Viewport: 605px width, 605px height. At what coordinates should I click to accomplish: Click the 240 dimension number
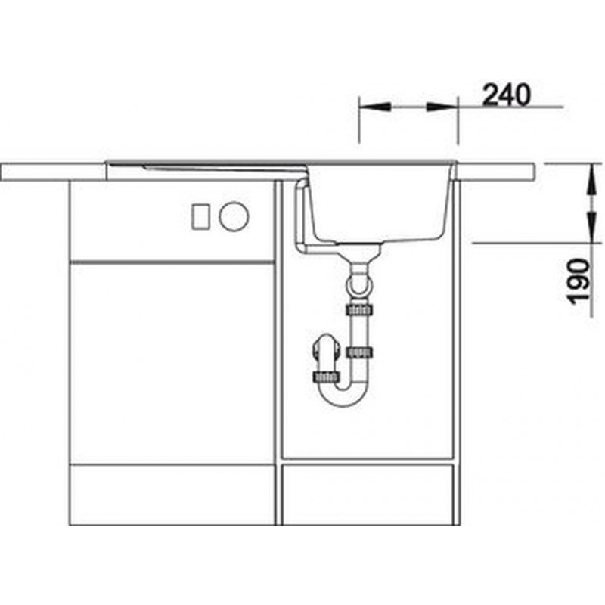506,95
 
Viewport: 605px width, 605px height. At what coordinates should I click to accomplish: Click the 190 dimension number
580,281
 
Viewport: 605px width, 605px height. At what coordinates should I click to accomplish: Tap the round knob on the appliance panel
234,216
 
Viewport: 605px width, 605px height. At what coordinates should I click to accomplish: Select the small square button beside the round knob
200,217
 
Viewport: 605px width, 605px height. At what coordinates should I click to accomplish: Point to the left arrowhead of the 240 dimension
374,107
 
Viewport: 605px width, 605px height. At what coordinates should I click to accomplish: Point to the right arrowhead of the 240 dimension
442,107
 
